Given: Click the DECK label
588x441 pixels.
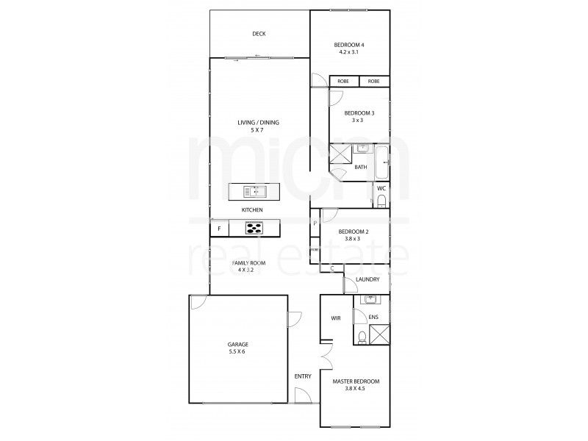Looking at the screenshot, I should pos(258,34).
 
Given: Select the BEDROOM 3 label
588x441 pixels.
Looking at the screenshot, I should pos(359,112).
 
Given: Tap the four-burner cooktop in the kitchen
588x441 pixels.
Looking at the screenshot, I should pos(254,229).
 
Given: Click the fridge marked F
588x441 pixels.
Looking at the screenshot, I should pos(219,229).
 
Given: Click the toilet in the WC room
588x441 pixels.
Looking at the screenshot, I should pos(381,201).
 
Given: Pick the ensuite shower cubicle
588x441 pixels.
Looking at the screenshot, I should pos(379,335).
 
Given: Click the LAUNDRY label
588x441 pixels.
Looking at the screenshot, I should pos(367,279).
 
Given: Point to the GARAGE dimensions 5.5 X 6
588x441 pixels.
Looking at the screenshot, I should pos(237,351).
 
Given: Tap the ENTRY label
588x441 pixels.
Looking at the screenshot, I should pos(303,376).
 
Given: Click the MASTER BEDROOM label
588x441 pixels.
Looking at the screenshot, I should pos(356,381).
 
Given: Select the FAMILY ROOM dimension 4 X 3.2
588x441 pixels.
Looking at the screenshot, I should pos(248,270).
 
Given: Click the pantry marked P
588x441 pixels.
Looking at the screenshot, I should pos(315,223).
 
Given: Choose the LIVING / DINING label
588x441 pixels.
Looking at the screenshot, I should pos(258,122).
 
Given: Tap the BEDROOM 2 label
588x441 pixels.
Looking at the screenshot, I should pos(354,232).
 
